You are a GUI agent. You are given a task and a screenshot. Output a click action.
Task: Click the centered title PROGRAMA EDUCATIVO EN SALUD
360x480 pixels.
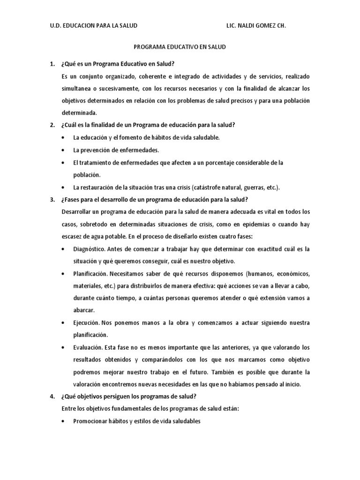pyautogui.click(x=180, y=47)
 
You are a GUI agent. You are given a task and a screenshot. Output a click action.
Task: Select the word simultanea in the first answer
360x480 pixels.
pyautogui.click(x=78, y=88)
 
